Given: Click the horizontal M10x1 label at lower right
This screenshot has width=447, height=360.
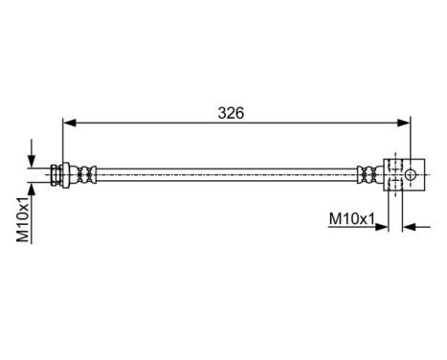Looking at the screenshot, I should pyautogui.click(x=351, y=219).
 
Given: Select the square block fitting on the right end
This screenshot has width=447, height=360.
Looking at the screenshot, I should pyautogui.click(x=403, y=173).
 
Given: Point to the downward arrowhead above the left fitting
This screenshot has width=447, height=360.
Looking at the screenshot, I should pyautogui.click(x=34, y=161).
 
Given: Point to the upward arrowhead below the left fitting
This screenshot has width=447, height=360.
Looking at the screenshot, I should pyautogui.click(x=34, y=188).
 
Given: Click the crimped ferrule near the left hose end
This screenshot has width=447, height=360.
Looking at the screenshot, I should pyautogui.click(x=87, y=173).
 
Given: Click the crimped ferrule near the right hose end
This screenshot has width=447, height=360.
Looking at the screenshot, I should pyautogui.click(x=367, y=173).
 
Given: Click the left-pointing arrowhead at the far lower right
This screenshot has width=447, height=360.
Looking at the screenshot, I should pyautogui.click(x=410, y=228).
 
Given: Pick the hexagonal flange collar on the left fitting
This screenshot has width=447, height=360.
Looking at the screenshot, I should pyautogui.click(x=63, y=173).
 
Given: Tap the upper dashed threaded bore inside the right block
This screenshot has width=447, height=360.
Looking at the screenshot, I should pyautogui.click(x=392, y=167).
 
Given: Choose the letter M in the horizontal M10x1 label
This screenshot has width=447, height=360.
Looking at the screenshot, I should pyautogui.click(x=334, y=219).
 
